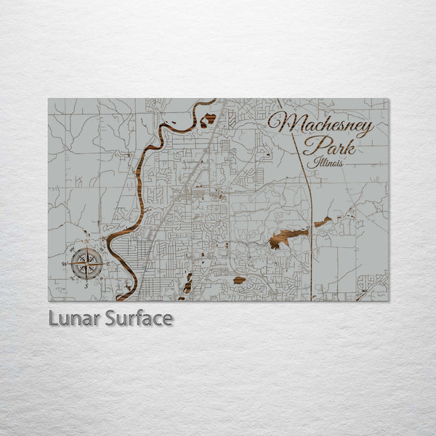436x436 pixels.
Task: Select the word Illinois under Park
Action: coord(325,163)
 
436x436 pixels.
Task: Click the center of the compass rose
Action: coord(86,263)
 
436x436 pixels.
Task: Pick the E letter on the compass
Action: coord(110,263)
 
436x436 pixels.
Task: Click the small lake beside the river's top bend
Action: coord(209,118)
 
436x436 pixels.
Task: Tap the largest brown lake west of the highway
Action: coord(286,237)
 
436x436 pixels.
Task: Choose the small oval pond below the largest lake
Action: coord(239,280)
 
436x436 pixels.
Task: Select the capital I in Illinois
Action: coord(310,163)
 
